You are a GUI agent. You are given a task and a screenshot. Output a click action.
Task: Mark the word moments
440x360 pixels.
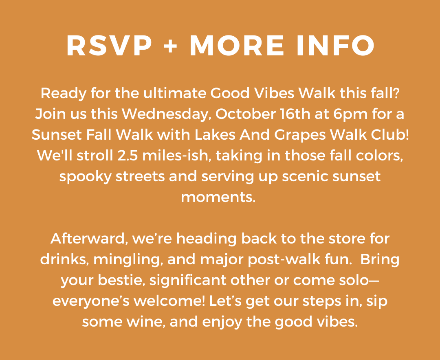pos(218,197)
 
